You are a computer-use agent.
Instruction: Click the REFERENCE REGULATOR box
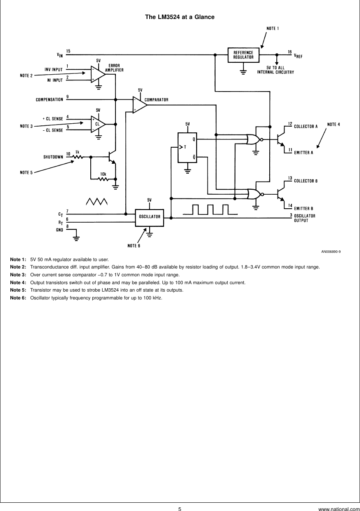[243, 55]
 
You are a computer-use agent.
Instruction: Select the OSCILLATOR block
[149, 217]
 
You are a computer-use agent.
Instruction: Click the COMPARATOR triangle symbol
[139, 105]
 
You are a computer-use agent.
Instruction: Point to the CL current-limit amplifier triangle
[97, 124]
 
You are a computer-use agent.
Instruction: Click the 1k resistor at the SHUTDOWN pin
[78, 157]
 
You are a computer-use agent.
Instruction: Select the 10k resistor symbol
[103, 179]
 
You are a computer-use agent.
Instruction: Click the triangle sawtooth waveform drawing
[96, 201]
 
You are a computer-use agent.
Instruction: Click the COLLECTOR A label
[306, 127]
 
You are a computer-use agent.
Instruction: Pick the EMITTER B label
[304, 208]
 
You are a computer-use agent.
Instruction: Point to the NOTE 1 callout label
[273, 28]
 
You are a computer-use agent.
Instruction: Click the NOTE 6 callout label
[134, 246]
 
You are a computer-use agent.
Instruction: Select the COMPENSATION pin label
[49, 99]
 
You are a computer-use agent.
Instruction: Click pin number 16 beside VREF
[289, 52]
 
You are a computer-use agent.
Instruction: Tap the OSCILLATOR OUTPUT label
[304, 218]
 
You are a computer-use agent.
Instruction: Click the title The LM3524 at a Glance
[180, 17]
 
